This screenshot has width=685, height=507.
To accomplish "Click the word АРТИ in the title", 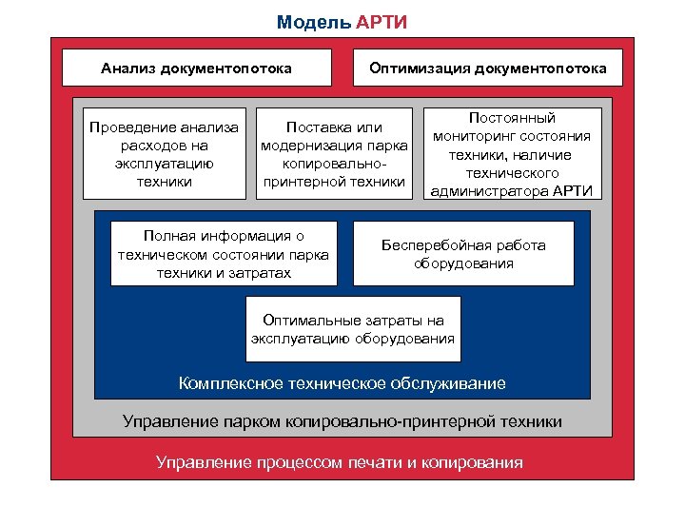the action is click(x=382, y=22).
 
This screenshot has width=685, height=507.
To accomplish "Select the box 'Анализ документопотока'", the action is click(x=197, y=68).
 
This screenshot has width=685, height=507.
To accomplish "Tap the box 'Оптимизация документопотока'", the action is click(x=488, y=68).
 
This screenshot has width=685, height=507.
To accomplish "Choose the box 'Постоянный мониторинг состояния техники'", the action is click(x=512, y=153).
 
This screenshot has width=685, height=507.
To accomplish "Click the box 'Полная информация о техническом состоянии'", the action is click(x=224, y=253).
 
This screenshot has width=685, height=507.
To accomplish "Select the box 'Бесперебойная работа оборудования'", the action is click(x=463, y=253).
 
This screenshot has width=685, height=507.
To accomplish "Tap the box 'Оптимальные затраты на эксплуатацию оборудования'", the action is click(x=353, y=329).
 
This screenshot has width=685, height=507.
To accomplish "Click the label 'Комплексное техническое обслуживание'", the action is click(x=342, y=383).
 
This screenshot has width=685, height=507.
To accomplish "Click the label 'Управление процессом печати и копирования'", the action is click(x=340, y=463).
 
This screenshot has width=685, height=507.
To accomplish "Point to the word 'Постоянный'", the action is click(x=512, y=118).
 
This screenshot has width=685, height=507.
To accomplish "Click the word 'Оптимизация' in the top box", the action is click(x=421, y=68).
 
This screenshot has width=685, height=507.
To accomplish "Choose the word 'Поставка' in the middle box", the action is click(x=303, y=127).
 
